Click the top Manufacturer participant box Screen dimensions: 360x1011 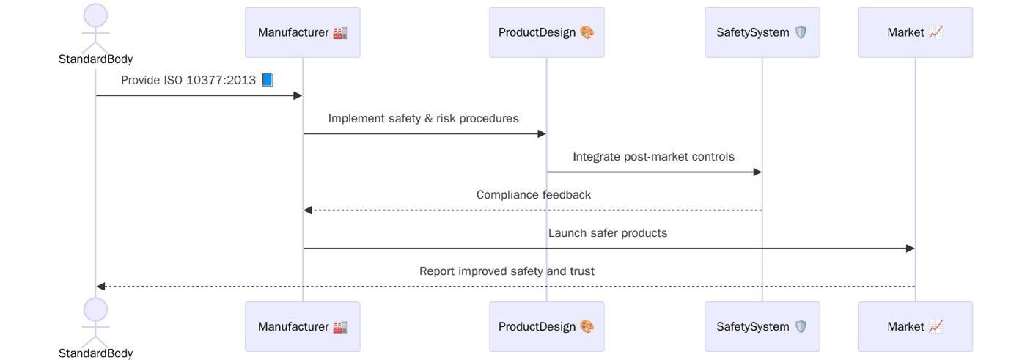[302, 32]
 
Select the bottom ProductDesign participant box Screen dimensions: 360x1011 [546, 326]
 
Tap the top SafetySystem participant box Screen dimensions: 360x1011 [762, 32]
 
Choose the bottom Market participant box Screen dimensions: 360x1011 [914, 326]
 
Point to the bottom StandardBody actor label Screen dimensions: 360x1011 [95, 353]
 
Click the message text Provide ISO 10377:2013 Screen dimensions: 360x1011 [189, 80]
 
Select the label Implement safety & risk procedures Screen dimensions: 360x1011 [423, 118]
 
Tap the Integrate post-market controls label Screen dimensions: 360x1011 [653, 156]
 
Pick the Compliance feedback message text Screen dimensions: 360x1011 [533, 194]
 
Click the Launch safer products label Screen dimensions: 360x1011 [607, 232]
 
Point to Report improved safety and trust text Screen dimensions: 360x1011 [507, 271]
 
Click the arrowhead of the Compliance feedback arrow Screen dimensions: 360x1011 [308, 210]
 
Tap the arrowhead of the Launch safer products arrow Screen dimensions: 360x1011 [910, 249]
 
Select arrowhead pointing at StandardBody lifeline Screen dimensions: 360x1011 [101, 287]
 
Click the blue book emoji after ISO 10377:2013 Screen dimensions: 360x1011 [267, 80]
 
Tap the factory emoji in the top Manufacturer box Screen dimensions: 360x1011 [339, 32]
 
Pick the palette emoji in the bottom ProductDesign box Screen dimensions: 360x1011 [587, 326]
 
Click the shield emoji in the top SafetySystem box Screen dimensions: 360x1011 [800, 32]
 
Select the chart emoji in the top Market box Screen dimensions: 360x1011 [935, 32]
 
